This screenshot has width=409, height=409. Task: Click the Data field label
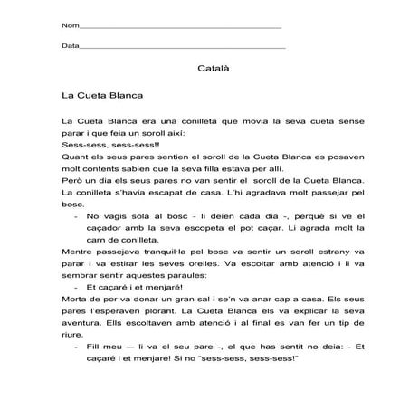click(71, 45)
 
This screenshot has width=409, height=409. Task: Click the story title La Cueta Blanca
click(104, 93)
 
